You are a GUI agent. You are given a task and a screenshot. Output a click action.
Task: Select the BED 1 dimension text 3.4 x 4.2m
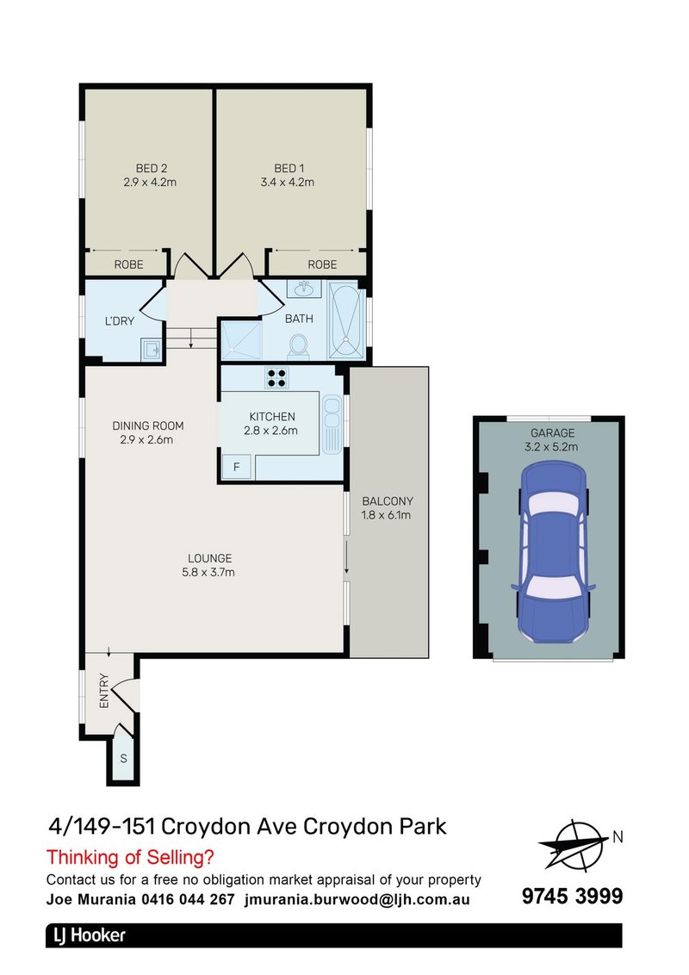(289, 182)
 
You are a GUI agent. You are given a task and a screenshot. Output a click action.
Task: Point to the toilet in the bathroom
(299, 346)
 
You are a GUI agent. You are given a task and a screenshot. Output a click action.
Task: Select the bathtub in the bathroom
(346, 320)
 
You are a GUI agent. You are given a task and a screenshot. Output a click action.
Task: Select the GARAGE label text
(552, 432)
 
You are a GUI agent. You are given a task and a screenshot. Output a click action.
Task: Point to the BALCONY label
(388, 500)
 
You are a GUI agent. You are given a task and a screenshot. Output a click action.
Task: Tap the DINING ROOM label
(148, 425)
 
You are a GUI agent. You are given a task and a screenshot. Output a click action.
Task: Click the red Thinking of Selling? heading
(129, 857)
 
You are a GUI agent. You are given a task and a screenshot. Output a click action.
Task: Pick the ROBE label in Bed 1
(322, 264)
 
